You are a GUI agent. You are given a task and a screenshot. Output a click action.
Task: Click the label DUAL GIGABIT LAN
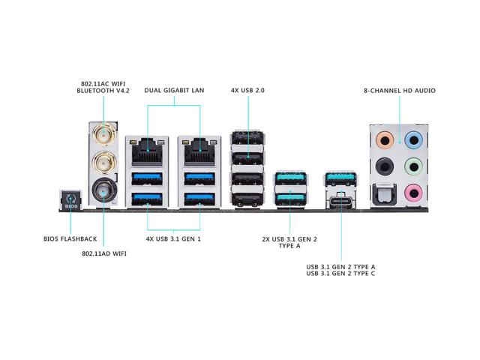(174, 91)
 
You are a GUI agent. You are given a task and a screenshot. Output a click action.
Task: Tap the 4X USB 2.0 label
(247, 91)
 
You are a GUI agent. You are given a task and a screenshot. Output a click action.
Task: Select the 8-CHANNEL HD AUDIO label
(399, 91)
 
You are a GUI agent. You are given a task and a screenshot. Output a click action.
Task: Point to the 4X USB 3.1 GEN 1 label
(173, 239)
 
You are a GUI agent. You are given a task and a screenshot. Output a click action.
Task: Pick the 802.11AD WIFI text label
(103, 254)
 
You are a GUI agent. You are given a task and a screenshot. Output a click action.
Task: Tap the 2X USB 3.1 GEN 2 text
(291, 239)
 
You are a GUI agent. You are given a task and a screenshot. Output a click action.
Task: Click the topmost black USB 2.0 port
(247, 141)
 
